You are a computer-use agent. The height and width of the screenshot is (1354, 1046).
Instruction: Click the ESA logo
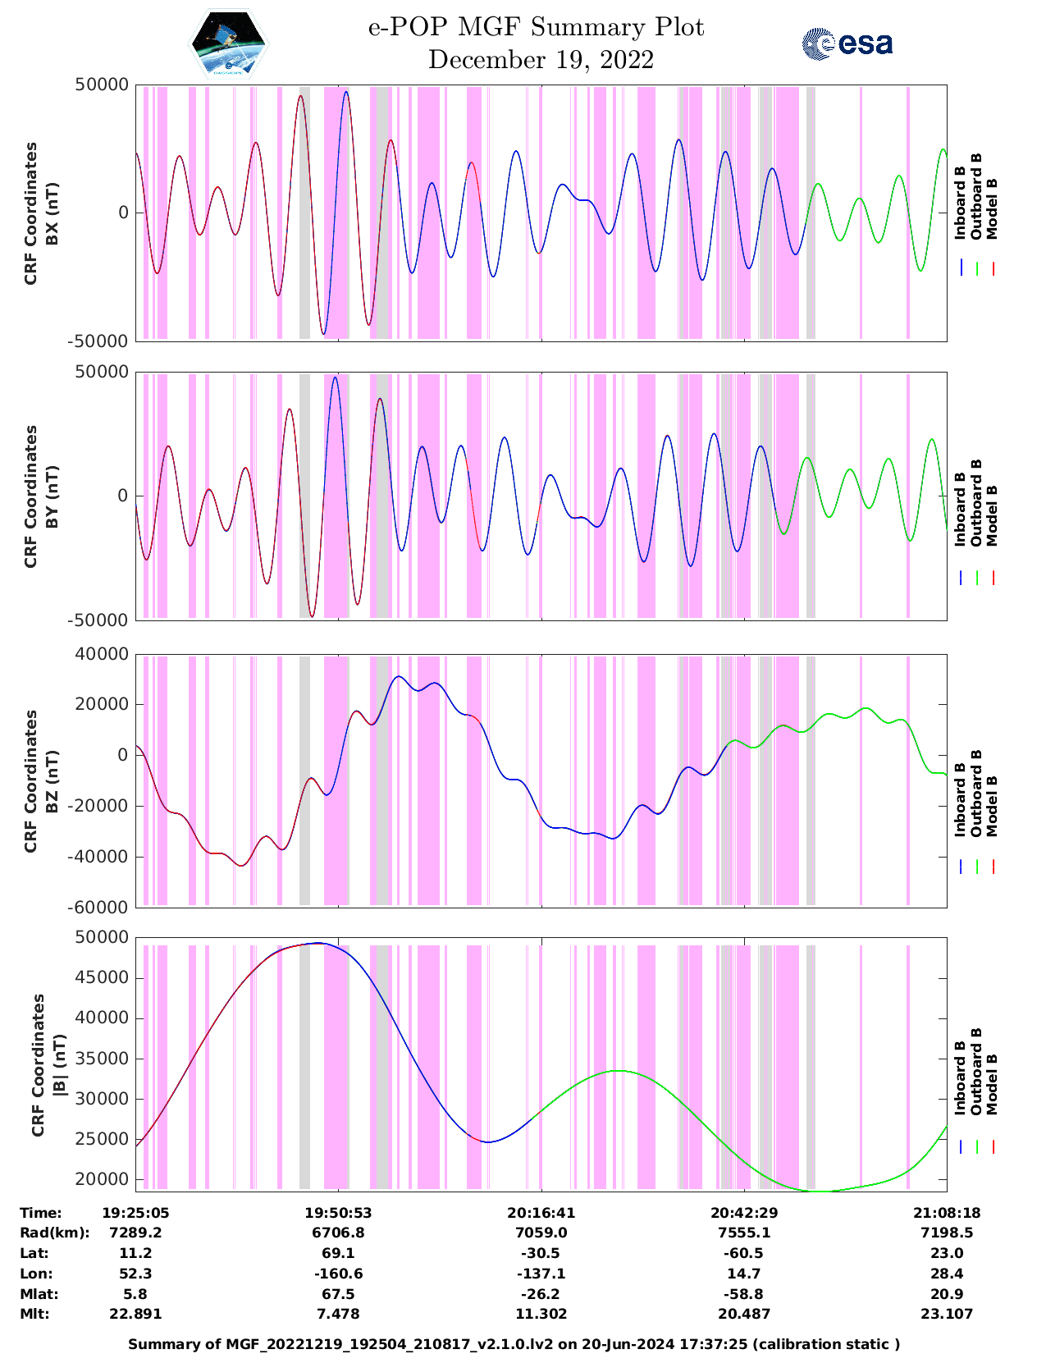pos(847,43)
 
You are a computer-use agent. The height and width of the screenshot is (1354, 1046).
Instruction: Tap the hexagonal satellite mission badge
pos(229,44)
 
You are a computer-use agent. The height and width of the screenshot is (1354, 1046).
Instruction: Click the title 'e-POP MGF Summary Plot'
pos(536,28)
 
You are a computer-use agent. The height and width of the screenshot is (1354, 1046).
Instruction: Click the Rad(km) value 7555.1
pos(744,1233)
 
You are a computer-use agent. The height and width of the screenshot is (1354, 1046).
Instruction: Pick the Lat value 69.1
pos(338,1253)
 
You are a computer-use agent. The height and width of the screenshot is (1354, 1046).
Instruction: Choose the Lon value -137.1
pos(541,1274)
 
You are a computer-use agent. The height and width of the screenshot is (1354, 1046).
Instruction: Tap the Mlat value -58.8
pos(744,1294)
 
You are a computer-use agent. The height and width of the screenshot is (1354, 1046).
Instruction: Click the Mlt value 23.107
pos(947,1314)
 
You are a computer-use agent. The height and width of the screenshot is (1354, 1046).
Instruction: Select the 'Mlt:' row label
pos(34,1314)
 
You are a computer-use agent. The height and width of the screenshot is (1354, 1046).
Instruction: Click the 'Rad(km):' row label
pos(54,1233)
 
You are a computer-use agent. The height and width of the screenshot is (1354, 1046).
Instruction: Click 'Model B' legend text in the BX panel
pos(992,208)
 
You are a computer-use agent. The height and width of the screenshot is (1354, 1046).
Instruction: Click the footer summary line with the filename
pos(514,1344)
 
